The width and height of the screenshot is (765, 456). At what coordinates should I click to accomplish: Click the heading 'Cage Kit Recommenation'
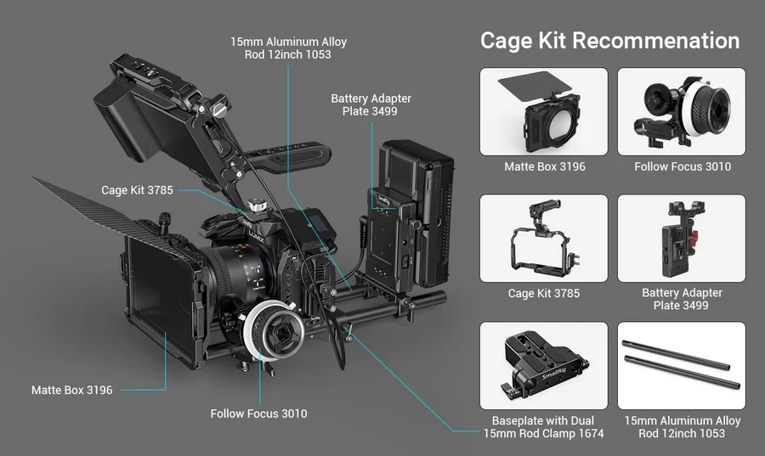click(609, 40)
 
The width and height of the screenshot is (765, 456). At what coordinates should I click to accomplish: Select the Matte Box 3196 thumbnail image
click(544, 111)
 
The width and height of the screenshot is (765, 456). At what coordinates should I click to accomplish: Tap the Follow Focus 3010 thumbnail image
click(682, 111)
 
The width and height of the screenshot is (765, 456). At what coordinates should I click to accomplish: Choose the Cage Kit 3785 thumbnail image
click(544, 238)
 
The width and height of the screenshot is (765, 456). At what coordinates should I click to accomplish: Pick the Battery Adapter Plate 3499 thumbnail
click(682, 238)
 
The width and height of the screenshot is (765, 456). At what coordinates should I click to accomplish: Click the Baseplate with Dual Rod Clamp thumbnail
click(544, 365)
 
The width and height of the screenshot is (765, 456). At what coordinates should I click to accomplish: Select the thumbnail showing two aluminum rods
click(682, 365)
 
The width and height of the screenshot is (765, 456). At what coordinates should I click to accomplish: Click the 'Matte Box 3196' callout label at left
click(71, 390)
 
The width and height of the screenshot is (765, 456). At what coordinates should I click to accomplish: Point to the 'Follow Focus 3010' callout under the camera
click(258, 414)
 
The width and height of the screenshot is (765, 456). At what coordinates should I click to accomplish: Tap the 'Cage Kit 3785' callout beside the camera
click(137, 190)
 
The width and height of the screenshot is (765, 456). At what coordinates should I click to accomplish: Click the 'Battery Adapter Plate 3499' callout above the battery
click(364, 104)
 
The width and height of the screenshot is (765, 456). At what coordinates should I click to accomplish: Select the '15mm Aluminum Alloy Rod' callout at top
click(289, 48)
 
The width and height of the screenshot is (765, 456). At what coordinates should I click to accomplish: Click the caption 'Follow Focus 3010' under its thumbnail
click(682, 166)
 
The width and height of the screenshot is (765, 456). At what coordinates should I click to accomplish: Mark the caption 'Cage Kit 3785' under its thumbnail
click(544, 293)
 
